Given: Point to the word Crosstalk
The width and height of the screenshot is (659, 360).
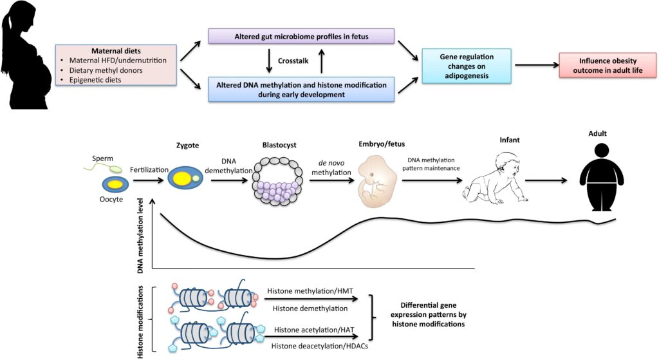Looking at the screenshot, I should (x=297, y=62).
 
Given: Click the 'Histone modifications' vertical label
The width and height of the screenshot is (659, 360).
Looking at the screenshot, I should (x=142, y=318).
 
